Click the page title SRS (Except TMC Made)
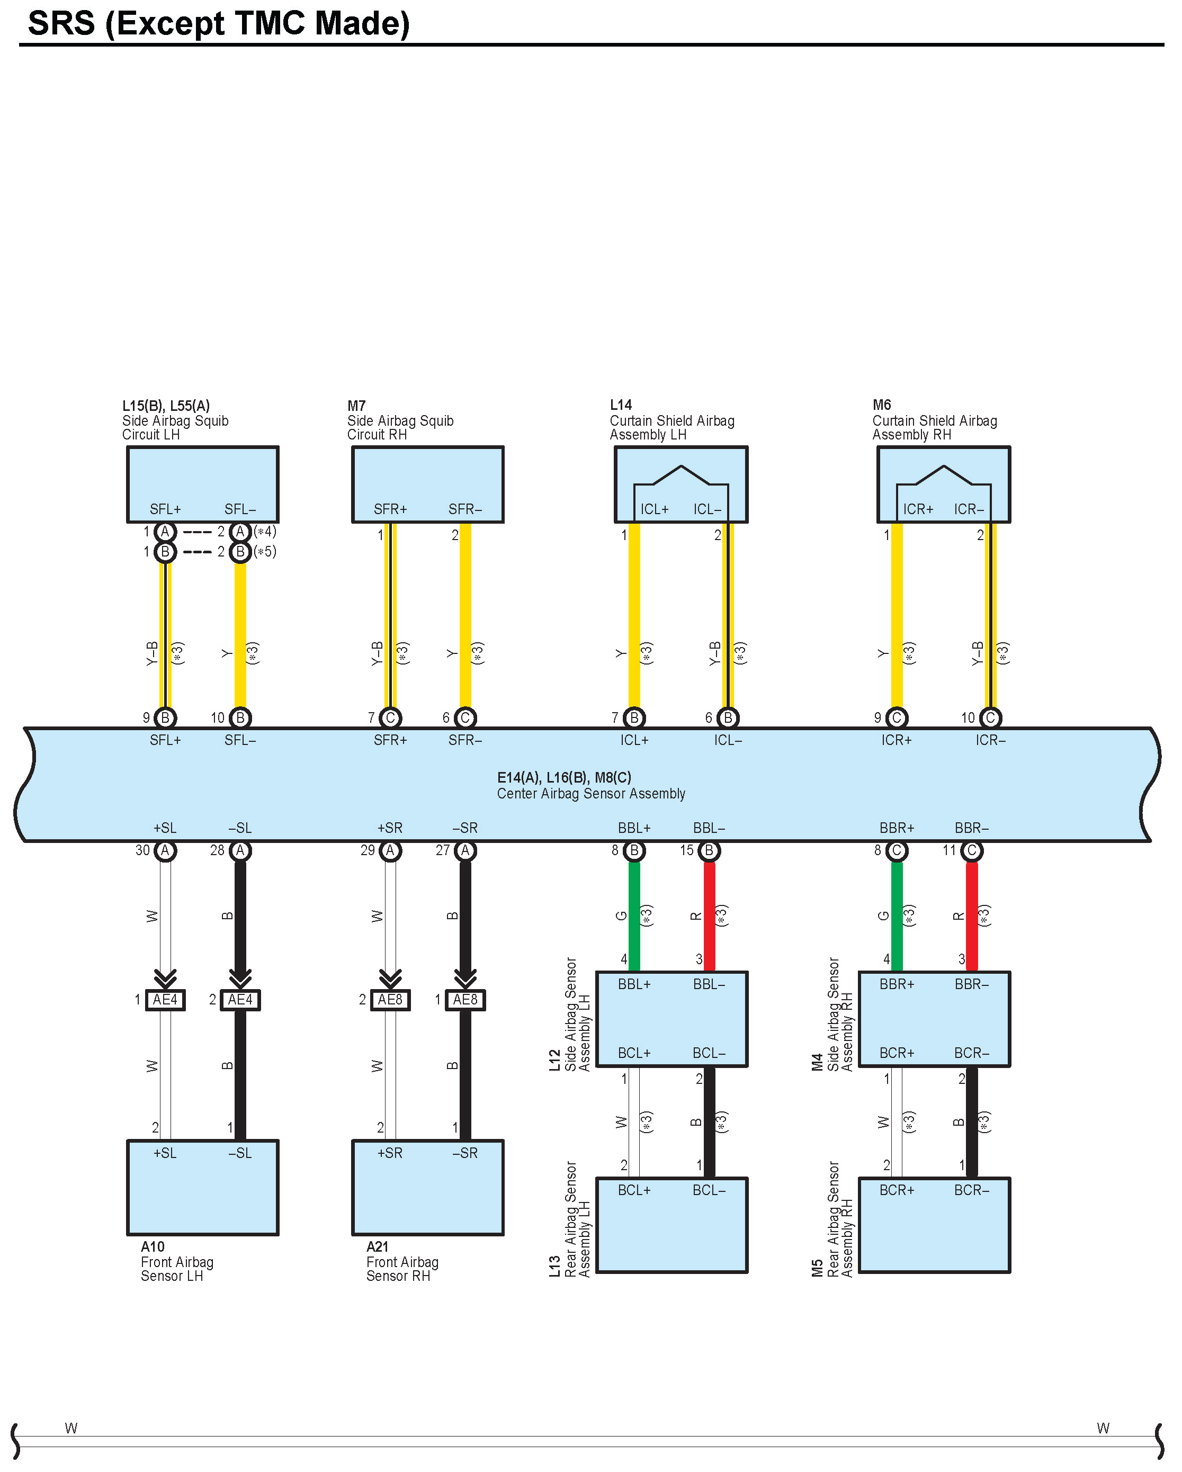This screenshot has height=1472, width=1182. click(x=219, y=23)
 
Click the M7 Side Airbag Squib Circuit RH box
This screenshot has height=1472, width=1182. click(x=427, y=484)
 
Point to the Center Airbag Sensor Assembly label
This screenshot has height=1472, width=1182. click(x=590, y=793)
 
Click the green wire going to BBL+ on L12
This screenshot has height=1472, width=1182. click(x=634, y=915)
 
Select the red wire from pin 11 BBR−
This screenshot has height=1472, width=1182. click(x=972, y=915)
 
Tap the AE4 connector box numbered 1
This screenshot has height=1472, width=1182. click(x=165, y=1000)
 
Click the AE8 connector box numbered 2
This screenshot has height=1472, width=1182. click(x=390, y=1000)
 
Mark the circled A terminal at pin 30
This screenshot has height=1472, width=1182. click(x=165, y=851)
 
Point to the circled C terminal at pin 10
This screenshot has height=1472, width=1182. click(x=990, y=717)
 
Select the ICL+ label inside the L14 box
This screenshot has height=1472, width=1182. click(x=654, y=509)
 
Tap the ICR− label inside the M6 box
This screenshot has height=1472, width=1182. click(x=969, y=509)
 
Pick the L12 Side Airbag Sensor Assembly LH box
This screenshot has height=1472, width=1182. click(x=672, y=1019)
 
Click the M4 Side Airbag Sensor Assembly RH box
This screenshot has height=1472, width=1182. click(x=934, y=1019)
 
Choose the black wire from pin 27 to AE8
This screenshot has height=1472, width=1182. click(x=465, y=915)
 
